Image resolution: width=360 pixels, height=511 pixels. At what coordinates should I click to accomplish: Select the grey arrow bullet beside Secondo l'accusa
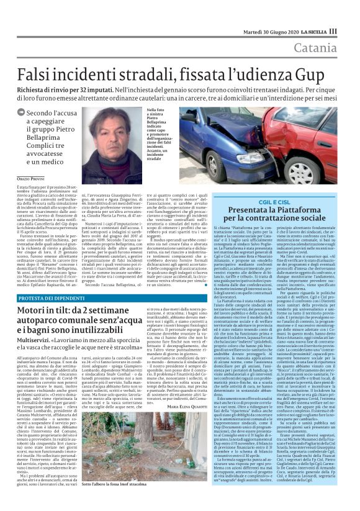[x=22, y=113]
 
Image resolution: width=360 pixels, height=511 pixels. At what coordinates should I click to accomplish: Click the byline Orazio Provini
[x=31, y=179]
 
